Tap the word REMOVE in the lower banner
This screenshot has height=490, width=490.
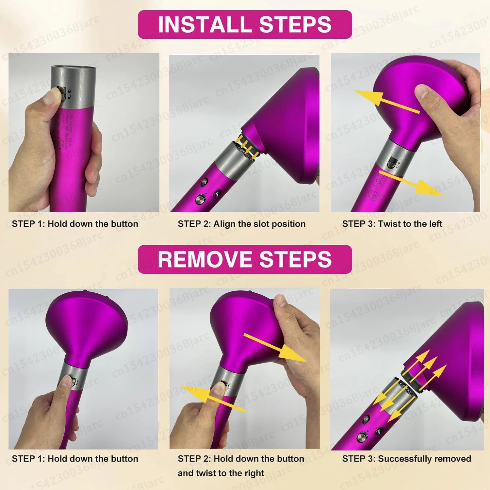pos(205,259)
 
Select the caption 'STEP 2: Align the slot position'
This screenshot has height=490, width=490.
pos(241,224)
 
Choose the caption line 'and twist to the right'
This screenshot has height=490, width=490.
pos(221,473)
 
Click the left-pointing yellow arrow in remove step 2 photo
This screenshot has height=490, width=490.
pos(212,398)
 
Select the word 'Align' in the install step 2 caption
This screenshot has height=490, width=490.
pos(224,224)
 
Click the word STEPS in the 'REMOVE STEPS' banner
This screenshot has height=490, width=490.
pos(295,259)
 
